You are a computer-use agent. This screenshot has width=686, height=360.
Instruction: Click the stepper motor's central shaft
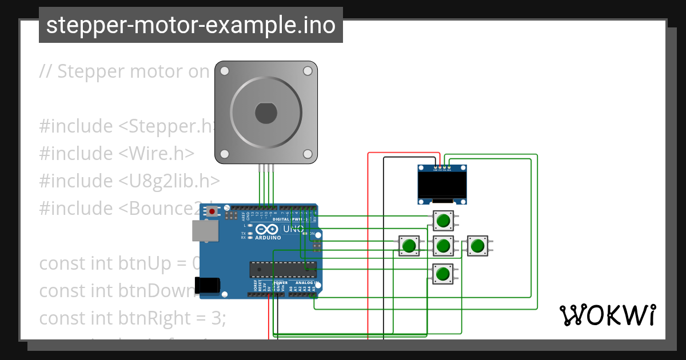pos(266,113)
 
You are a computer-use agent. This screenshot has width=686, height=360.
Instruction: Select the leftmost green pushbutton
pos(408,246)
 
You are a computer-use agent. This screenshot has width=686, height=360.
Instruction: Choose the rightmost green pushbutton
pos(477,246)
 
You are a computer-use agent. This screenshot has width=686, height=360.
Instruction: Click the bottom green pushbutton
pos(442,274)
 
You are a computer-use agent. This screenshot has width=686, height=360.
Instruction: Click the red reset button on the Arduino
pos(212,211)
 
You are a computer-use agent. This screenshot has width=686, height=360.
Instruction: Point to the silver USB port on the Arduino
pos(205,231)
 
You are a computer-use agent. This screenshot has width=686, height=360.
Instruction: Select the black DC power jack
pos(207,285)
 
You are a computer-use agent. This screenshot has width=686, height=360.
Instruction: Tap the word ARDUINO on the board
pos(268,237)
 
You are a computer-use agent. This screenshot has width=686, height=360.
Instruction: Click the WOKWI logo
pos(607,315)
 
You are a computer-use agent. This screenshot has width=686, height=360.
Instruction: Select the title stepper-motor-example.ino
pos(190,25)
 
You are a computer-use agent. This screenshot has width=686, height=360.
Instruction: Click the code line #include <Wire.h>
pos(117,153)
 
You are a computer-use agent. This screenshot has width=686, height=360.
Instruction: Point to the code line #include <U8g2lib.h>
pos(129,181)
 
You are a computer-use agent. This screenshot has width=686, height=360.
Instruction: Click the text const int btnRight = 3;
pos(133,318)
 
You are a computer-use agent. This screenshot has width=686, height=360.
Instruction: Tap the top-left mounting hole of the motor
pos(224,71)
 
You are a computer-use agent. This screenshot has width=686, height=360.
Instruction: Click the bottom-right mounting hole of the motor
pos(308,154)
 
